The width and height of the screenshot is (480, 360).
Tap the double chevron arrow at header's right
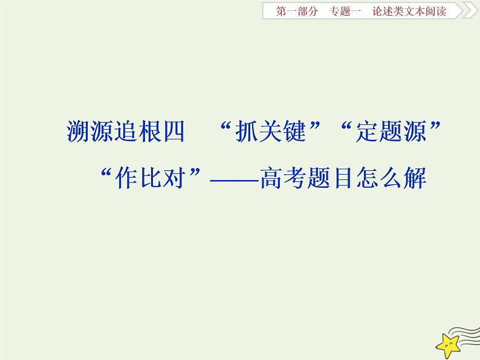(469, 11)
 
